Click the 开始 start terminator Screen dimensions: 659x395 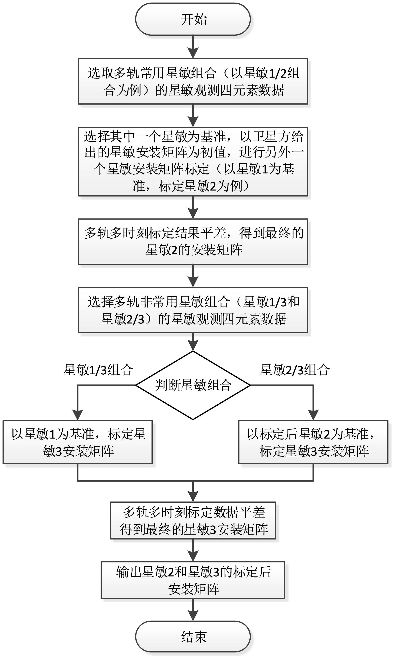coord(193,19)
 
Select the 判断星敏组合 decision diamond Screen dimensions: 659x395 coord(193,385)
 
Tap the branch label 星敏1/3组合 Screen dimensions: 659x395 coord(98,370)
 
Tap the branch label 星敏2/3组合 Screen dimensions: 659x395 coord(295,370)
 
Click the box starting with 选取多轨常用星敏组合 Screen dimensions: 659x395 coord(193,81)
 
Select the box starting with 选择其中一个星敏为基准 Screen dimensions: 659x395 coord(193,161)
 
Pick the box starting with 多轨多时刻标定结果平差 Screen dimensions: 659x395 coord(193,241)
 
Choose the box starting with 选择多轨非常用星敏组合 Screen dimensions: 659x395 coord(193,310)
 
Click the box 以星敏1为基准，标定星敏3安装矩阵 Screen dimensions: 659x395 coord(77,442)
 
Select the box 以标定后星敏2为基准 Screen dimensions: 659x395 coord(313,442)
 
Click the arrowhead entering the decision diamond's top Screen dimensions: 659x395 coord(193,346)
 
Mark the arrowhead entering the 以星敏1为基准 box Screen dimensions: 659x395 coord(77,415)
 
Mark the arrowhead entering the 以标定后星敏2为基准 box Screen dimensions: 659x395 coord(313,415)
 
